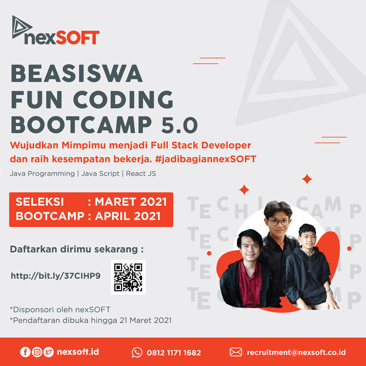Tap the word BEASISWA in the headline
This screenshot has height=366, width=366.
(77, 73)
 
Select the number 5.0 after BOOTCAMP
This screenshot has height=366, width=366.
(179, 124)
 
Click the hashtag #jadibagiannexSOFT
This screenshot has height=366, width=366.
(205, 159)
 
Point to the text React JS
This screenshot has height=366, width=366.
(141, 173)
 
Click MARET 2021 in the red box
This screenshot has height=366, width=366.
(131, 202)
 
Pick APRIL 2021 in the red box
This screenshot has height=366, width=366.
(128, 216)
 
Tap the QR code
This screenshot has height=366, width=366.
(128, 277)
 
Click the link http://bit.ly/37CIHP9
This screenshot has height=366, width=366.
(56, 276)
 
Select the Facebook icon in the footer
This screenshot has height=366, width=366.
(25, 352)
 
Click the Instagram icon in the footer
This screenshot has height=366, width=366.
(37, 352)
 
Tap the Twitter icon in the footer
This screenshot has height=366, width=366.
(48, 352)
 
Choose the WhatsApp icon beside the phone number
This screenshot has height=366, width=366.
(137, 352)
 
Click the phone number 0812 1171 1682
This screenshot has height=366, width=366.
(174, 352)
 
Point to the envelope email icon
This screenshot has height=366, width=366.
(236, 352)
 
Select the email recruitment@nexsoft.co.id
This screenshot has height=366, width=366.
(296, 352)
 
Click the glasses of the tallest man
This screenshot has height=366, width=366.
(280, 222)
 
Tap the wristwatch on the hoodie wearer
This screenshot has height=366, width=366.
(329, 292)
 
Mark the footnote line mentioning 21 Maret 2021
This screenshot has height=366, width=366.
(91, 320)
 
